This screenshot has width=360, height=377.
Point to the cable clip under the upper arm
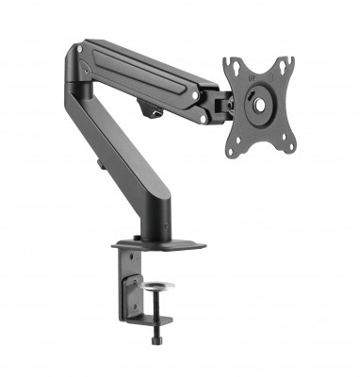click(152, 110)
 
